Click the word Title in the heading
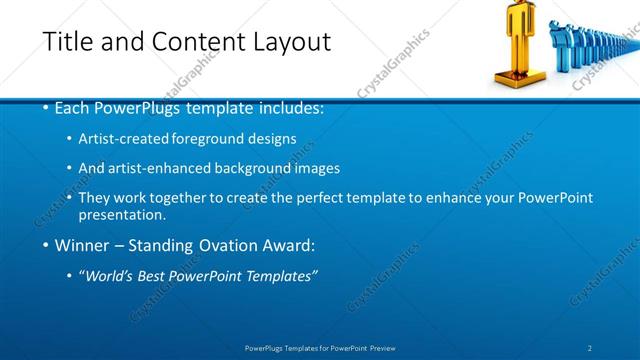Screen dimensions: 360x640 click(x=67, y=42)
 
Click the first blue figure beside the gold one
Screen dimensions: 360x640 click(x=557, y=45)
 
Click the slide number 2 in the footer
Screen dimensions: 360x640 click(x=589, y=347)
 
